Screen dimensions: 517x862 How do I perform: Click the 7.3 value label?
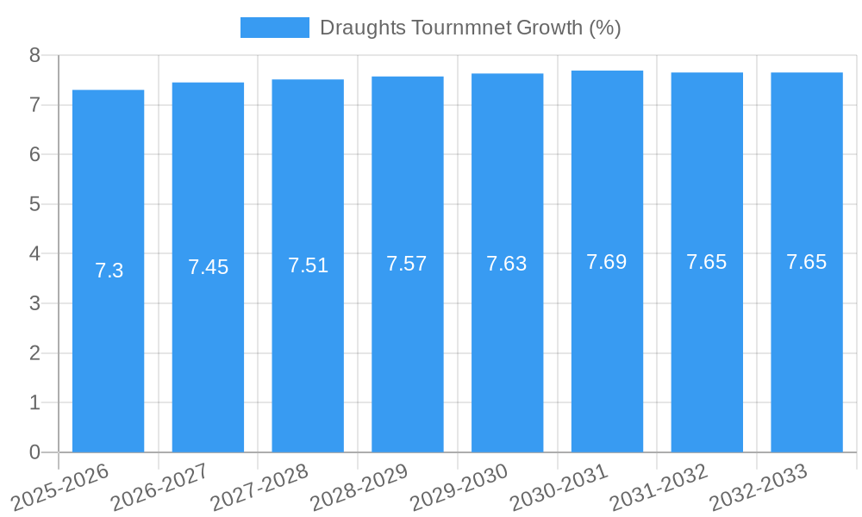(x=109, y=271)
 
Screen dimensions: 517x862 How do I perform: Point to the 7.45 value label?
(x=208, y=267)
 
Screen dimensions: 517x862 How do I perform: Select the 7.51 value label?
(x=308, y=265)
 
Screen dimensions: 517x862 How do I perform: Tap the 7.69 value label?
(x=607, y=262)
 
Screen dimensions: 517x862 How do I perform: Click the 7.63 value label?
(x=507, y=264)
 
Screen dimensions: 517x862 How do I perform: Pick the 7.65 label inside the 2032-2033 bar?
(x=806, y=262)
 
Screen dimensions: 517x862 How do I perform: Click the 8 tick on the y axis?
(x=34, y=56)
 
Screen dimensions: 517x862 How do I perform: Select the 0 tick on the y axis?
(x=34, y=452)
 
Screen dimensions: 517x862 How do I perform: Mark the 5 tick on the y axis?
(x=34, y=204)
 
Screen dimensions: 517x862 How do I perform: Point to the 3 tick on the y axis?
(x=34, y=303)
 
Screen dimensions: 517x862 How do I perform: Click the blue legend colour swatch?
(x=274, y=28)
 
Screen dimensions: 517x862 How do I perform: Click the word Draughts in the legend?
(x=362, y=28)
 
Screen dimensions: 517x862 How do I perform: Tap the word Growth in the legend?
(x=549, y=28)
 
